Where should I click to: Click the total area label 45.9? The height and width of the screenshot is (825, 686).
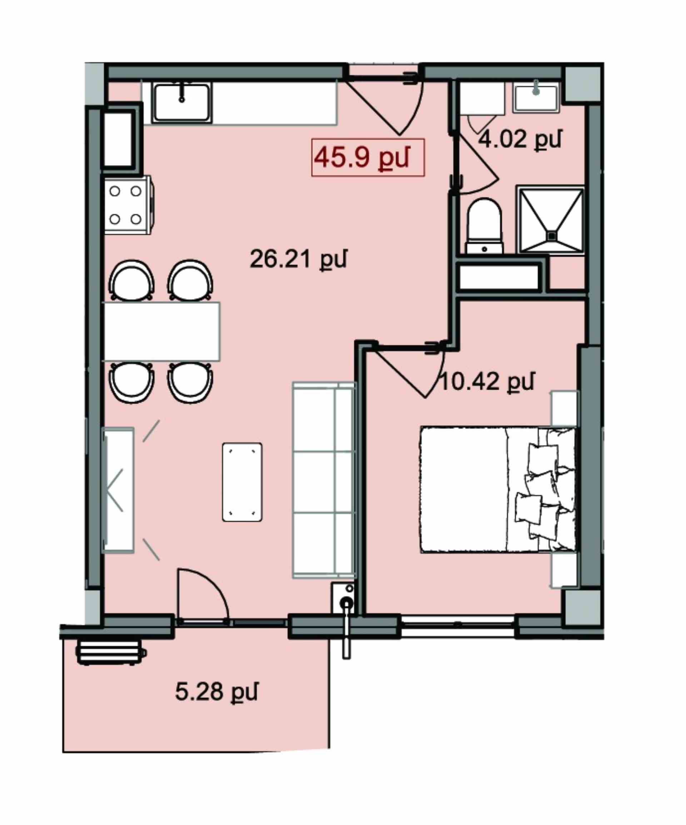[x=362, y=157]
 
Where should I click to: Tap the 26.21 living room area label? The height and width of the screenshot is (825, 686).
[x=298, y=259]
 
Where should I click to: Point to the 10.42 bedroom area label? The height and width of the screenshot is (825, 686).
[x=487, y=382]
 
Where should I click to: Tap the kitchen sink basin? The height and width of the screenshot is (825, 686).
[x=182, y=103]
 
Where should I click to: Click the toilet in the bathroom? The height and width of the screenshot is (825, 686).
[x=484, y=226]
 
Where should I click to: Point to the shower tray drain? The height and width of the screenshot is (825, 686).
[x=552, y=236]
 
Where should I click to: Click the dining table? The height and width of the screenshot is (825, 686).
[x=161, y=331]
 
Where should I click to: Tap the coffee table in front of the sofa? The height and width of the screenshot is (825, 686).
[x=242, y=482]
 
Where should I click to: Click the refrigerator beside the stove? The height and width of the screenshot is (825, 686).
[x=119, y=139]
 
